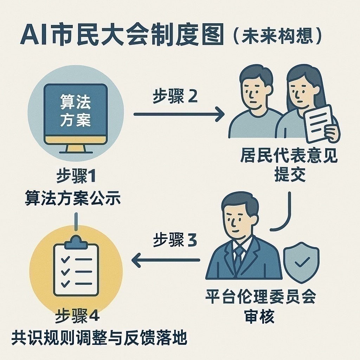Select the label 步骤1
point(76,177)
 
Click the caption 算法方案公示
point(73,199)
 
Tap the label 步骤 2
point(175,97)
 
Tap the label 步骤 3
point(175,241)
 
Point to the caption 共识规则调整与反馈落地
point(99,338)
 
